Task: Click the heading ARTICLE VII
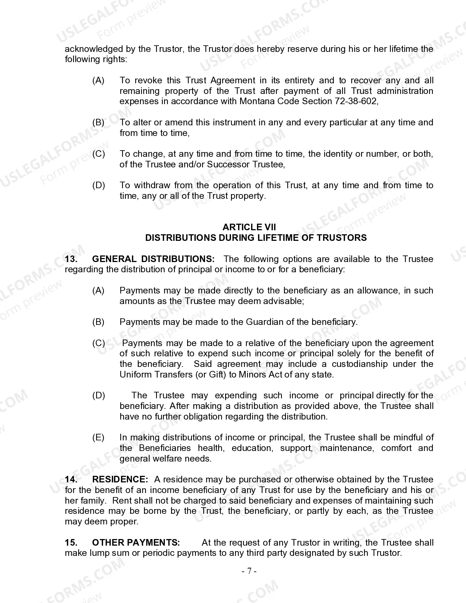point(249,227)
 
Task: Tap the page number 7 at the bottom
point(249,571)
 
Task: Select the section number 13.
point(71,259)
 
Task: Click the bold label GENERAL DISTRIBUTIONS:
point(153,259)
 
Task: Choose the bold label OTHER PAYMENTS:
point(136,543)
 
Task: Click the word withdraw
point(151,185)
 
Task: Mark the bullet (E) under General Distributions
point(98,437)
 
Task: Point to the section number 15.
point(71,543)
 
